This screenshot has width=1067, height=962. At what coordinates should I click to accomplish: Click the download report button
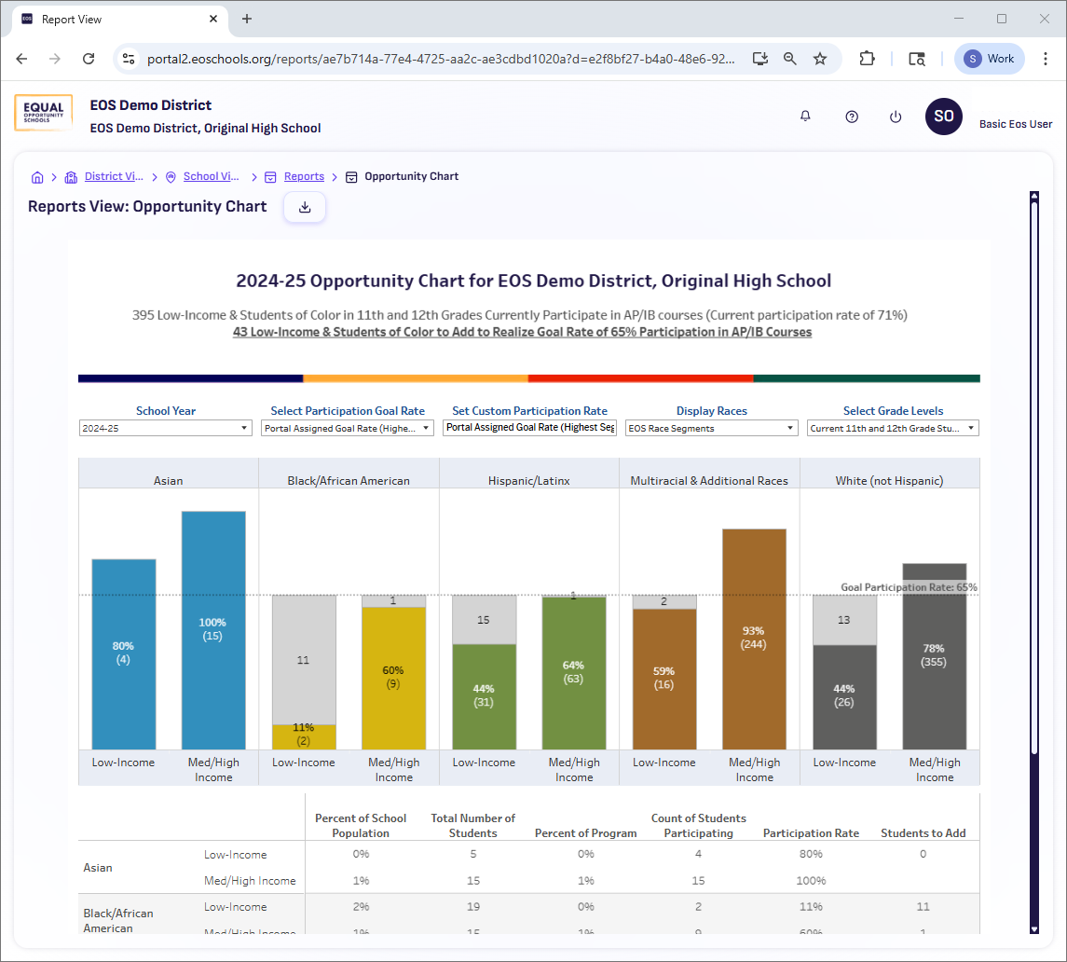click(305, 207)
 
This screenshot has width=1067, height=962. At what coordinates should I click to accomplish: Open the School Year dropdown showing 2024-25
click(165, 428)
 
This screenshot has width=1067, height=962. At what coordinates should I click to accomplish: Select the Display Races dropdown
click(711, 428)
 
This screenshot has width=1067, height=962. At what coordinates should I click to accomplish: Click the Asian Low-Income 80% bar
click(124, 653)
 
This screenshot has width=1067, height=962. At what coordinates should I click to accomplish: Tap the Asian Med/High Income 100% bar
click(213, 629)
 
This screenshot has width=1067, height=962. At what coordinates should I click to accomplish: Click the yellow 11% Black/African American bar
click(304, 736)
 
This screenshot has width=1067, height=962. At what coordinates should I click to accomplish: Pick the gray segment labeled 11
click(304, 659)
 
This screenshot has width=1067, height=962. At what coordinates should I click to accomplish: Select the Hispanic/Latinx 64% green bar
click(573, 672)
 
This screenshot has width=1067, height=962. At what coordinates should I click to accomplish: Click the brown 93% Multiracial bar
click(754, 638)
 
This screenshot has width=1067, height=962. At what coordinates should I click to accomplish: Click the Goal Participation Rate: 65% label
click(909, 587)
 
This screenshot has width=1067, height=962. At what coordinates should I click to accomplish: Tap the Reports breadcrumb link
click(304, 176)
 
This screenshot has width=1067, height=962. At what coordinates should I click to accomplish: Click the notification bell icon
click(805, 117)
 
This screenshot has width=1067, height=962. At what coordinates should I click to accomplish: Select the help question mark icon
click(851, 117)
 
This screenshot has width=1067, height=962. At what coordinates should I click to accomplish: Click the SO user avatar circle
click(943, 117)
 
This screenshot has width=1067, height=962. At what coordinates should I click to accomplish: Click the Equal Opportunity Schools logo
click(44, 114)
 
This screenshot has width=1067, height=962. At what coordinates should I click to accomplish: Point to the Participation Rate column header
click(811, 832)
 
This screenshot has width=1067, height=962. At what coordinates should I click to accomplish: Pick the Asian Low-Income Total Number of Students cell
click(472, 854)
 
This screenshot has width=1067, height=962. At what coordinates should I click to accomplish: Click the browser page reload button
click(89, 59)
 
